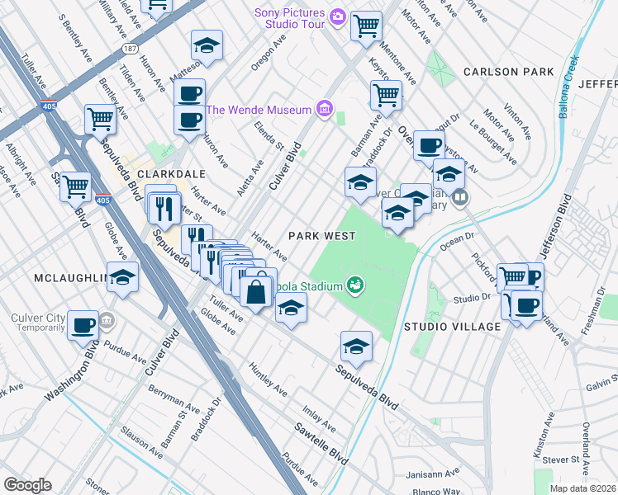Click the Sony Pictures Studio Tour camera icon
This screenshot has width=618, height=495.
(337, 16)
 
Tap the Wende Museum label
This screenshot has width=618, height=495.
(258, 110)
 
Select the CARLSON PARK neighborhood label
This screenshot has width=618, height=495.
(508, 72)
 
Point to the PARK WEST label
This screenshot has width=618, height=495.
(321, 236)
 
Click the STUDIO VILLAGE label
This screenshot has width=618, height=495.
(452, 327)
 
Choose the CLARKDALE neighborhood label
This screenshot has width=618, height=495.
(170, 175)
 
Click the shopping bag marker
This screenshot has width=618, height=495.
(257, 290)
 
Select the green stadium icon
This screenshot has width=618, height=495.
(355, 285)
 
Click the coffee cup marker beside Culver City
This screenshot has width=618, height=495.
(83, 324)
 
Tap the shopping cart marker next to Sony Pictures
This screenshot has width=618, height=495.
(366, 25)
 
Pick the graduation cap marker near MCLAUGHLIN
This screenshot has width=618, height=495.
(123, 277)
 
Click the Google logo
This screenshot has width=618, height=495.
(27, 485)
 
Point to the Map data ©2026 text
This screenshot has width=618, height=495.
(583, 488)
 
